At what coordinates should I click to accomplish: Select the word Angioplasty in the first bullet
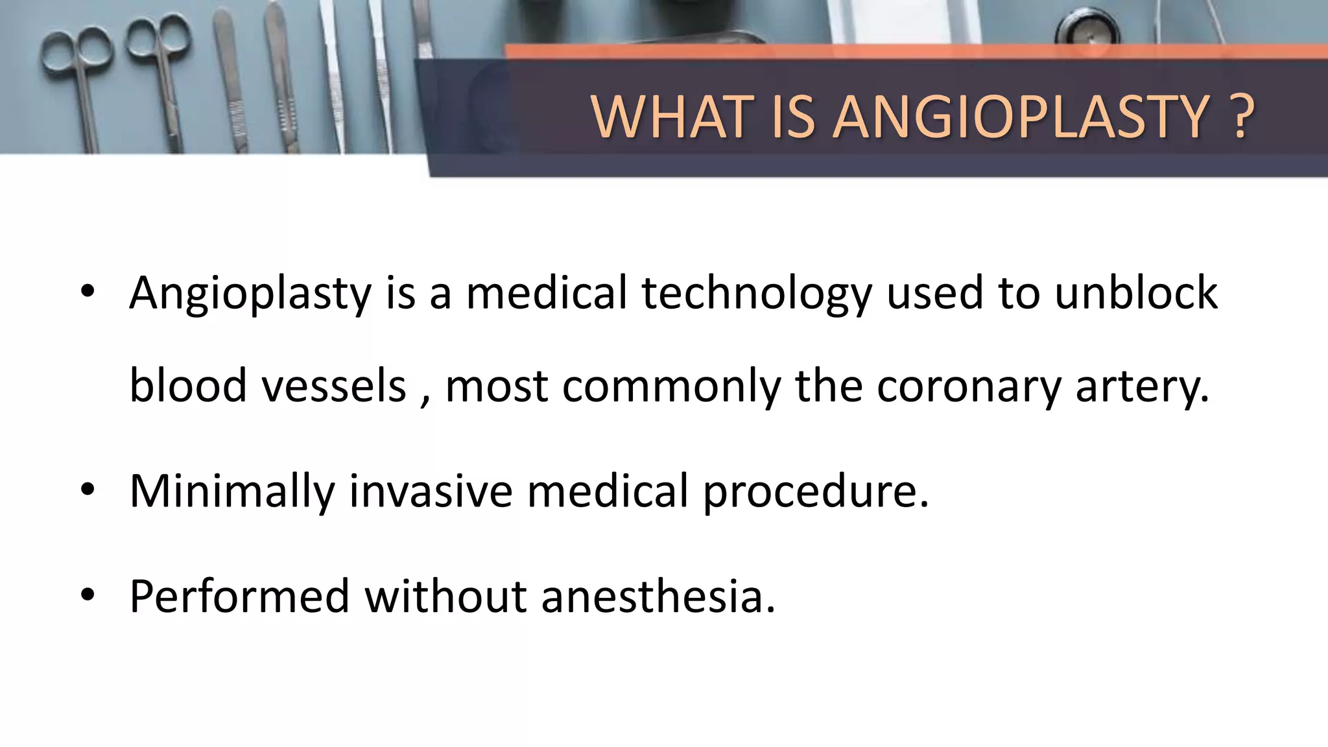tap(250, 294)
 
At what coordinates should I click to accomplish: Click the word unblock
tap(1136, 292)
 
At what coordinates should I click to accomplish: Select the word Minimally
tap(232, 492)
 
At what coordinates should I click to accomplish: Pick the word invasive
tap(431, 490)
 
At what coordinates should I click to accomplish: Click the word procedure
tap(816, 492)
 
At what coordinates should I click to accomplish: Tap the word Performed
tap(240, 596)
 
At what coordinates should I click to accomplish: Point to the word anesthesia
tap(658, 596)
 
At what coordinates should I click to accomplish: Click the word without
tap(445, 596)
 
